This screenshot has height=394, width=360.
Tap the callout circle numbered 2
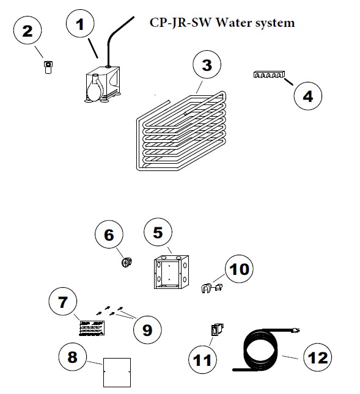click(x=28, y=31)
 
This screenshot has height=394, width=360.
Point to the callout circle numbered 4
click(x=308, y=96)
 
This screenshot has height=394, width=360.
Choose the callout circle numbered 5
click(x=158, y=233)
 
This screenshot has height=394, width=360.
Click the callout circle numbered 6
click(x=109, y=234)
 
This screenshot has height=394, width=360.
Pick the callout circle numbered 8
click(x=73, y=357)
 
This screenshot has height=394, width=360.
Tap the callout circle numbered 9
click(x=147, y=329)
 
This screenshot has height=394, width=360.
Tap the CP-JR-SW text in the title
click(x=176, y=23)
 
